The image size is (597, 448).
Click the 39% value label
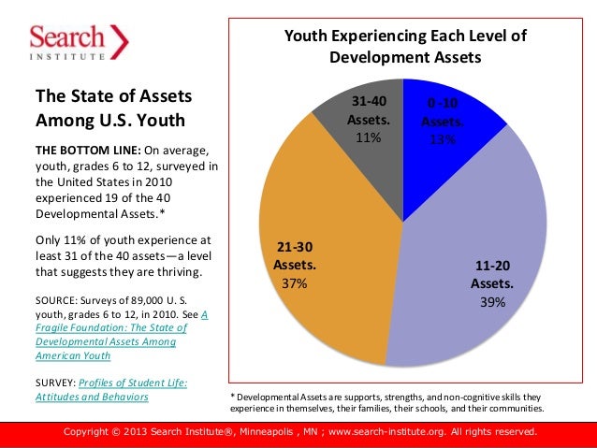pyautogui.click(x=492, y=302)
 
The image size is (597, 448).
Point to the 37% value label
pyautogui.click(x=295, y=283)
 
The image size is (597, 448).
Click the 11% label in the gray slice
pyautogui.click(x=368, y=138)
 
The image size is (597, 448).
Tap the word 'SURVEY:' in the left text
pyautogui.click(x=55, y=382)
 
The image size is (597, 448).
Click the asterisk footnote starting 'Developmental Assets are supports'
pyautogui.click(x=386, y=403)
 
